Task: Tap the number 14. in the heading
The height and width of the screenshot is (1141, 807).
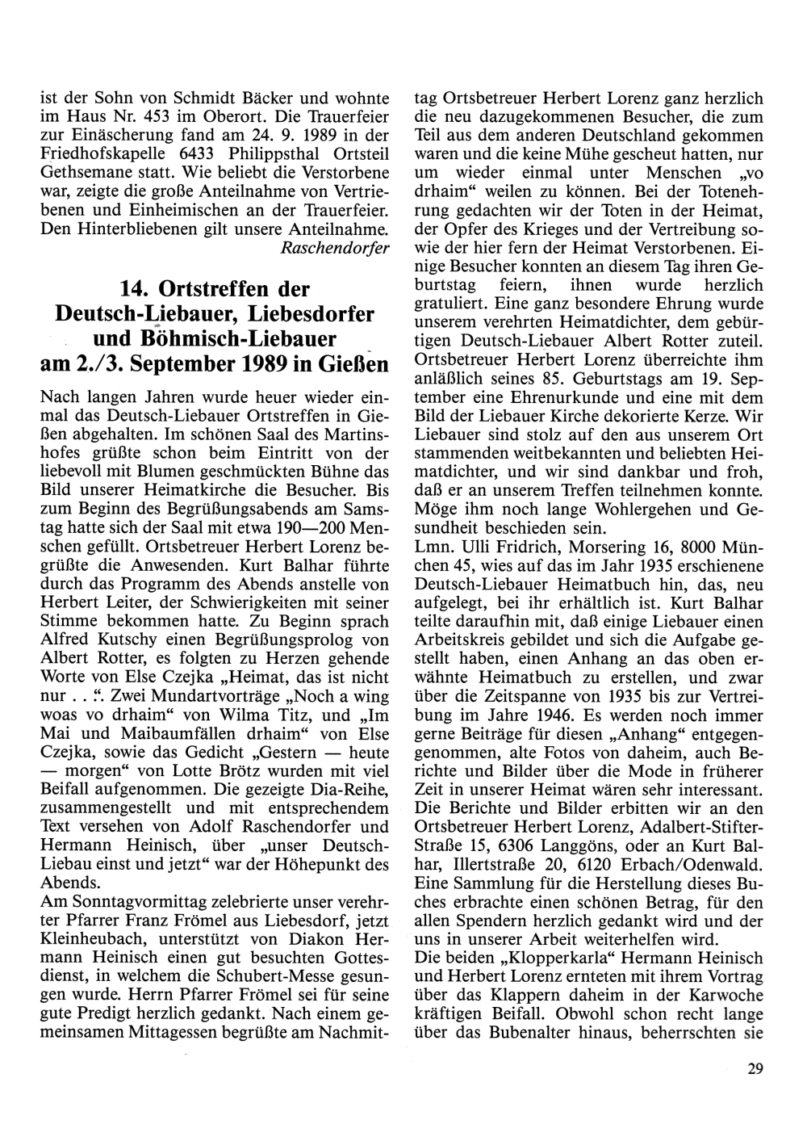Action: (138, 288)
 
